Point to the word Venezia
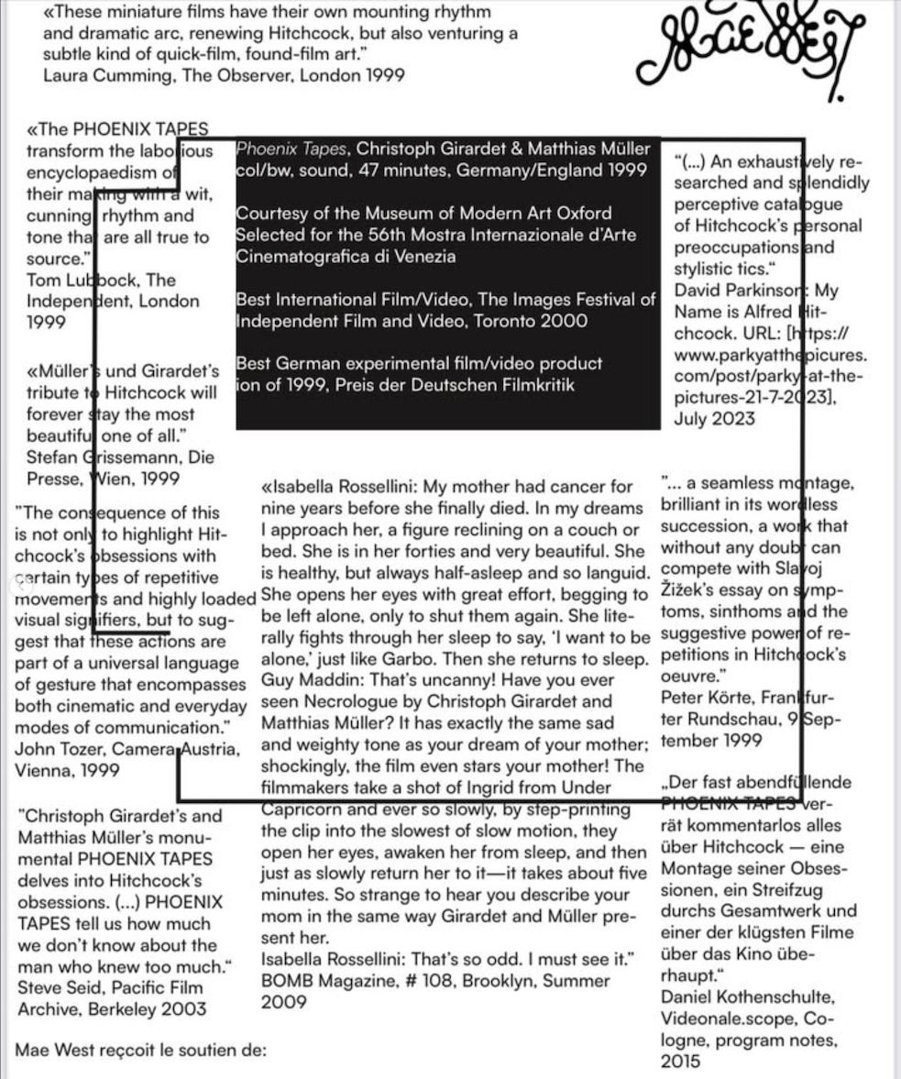coord(415,257)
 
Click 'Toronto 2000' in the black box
coord(535,321)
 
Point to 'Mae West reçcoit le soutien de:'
coord(140,1050)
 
